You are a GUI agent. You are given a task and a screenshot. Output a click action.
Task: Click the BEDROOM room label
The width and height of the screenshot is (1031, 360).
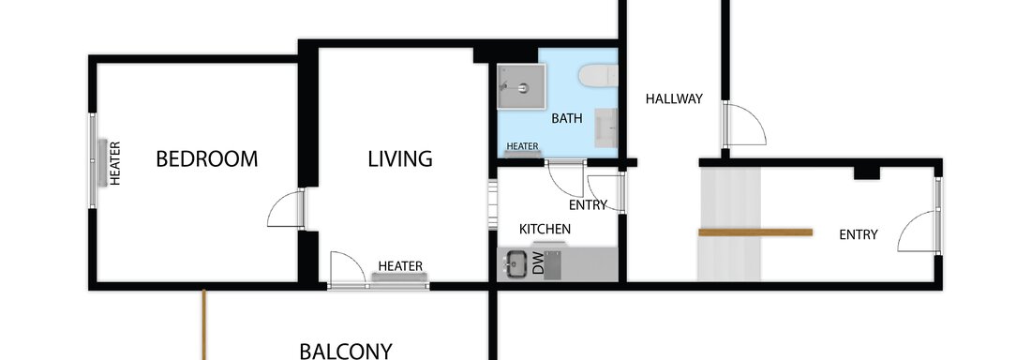[206, 159]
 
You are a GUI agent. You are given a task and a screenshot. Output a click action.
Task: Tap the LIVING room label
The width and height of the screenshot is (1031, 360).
[400, 159]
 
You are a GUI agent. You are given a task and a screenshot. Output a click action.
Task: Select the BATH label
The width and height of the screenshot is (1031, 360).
[567, 119]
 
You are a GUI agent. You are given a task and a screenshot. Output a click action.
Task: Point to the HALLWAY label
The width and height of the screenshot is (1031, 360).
[674, 99]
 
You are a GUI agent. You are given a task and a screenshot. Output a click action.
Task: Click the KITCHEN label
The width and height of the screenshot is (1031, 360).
[545, 230]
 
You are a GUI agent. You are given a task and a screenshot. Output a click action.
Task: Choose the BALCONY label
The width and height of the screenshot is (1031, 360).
[346, 351]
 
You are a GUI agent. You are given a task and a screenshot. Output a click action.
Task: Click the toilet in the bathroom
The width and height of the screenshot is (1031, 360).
[598, 76]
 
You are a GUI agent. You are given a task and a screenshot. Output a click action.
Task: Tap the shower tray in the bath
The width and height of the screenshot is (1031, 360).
[521, 86]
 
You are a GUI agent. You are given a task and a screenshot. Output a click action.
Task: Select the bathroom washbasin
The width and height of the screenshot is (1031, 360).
[606, 127]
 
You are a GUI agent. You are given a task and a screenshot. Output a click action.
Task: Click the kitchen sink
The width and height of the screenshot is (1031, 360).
[515, 264]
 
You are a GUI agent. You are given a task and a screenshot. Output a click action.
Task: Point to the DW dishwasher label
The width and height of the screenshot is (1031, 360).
[539, 264]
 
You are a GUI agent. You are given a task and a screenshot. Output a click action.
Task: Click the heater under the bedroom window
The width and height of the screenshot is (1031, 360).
[102, 162]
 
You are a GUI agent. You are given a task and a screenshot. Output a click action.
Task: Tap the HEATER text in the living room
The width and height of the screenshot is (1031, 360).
[400, 266]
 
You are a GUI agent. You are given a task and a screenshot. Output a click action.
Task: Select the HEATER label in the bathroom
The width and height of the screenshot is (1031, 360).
[523, 146]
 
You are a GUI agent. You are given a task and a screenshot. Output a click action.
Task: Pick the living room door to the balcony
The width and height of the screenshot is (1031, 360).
[347, 270]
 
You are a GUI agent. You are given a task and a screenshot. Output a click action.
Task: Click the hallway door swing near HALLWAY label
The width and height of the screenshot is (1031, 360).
[745, 124]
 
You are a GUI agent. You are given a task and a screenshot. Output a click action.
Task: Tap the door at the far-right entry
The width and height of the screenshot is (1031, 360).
[919, 231]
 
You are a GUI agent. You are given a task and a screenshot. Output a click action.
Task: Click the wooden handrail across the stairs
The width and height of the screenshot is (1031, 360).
[755, 232]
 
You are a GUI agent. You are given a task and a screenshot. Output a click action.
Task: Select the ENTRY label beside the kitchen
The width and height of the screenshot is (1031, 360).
[588, 205]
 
